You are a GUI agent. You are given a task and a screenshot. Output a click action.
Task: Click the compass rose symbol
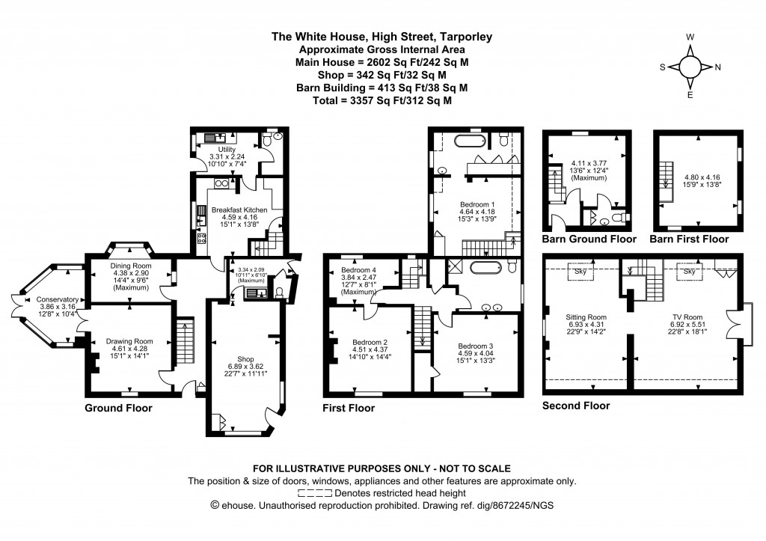(690, 67)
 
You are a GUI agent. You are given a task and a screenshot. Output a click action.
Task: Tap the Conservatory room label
(58, 300)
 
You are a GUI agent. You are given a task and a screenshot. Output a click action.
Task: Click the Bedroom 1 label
(477, 204)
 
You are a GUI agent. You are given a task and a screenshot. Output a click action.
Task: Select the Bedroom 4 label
(358, 270)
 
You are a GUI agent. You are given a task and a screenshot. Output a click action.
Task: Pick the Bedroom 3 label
(477, 346)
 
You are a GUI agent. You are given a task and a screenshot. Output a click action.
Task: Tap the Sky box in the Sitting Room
(580, 271)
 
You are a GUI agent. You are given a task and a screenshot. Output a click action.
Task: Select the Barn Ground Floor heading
(590, 239)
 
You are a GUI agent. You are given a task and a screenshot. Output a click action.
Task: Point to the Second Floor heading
(576, 406)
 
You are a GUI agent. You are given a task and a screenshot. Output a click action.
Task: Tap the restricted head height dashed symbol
(315, 493)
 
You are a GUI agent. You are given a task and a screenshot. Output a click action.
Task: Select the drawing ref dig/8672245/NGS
(502, 505)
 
